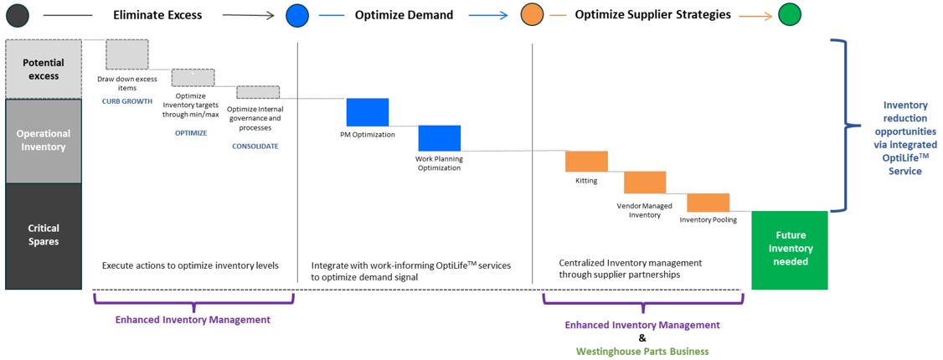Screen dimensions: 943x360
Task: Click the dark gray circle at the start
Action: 17,15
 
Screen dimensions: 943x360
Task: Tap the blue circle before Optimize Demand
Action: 298,15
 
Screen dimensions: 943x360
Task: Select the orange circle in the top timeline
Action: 533,15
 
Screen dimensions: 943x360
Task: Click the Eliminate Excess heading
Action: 157,15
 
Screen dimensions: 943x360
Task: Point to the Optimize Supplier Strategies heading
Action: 653,15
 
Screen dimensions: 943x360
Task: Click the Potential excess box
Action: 44,69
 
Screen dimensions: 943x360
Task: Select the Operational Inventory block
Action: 44,141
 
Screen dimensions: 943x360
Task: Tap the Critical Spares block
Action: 44,236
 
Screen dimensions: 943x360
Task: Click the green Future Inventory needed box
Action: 790,250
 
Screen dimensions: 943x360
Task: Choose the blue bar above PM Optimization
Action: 368,112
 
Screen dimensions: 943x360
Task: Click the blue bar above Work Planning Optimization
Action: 440,138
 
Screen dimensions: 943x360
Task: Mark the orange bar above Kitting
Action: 586,161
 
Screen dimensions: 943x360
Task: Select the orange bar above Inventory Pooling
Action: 709,203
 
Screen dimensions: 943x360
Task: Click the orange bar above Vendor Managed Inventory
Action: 645,183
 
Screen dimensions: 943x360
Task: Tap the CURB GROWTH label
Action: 127,101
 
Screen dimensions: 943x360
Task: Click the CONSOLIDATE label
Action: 255,146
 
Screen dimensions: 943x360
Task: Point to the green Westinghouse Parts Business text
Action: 642,351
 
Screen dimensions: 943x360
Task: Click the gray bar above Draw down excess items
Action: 127,54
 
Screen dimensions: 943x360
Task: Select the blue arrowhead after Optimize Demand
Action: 502,16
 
